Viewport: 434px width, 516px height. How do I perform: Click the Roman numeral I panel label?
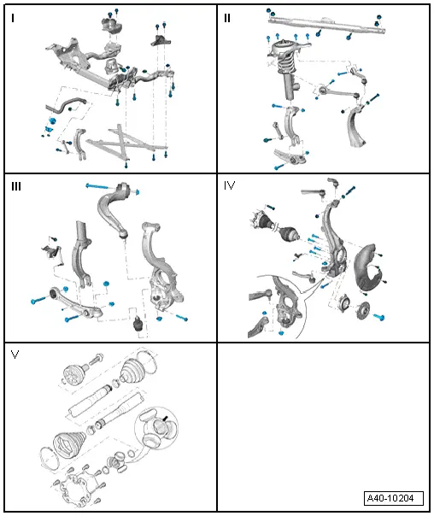pos(13,18)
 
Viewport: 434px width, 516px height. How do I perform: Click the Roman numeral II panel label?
pos(227,18)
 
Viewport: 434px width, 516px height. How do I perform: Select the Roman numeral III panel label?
pos(16,186)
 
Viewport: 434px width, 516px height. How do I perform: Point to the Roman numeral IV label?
pos(229,185)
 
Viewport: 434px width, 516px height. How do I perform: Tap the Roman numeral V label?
pos(15,355)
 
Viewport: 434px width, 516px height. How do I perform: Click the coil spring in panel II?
pos(287,64)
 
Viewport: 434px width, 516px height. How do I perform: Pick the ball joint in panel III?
pos(138,324)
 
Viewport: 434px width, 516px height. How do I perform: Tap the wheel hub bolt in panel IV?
pos(378,317)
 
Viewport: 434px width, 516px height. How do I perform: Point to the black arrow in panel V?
pos(165,419)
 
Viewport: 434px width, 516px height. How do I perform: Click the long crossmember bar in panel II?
pos(326,25)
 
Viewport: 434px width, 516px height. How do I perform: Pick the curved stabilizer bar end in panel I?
pos(66,105)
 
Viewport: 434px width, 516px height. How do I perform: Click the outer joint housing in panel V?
pos(73,374)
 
